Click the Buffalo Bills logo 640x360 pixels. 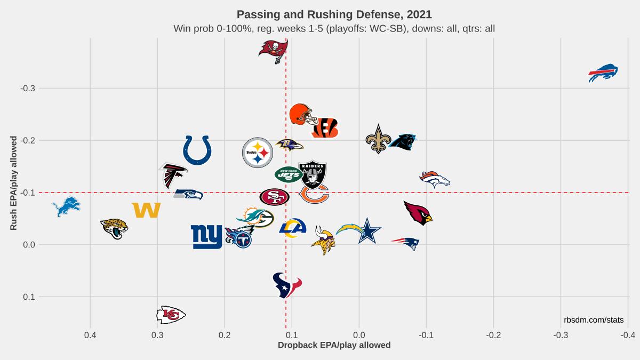(x=603, y=73)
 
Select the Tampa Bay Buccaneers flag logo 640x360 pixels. (x=274, y=50)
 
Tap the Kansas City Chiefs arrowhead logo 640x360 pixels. (x=171, y=315)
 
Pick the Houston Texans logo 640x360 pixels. (x=286, y=285)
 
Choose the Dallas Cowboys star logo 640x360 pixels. (x=367, y=231)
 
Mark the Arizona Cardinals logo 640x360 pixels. (x=417, y=213)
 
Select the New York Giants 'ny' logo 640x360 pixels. (x=206, y=236)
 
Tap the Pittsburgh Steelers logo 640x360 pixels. (x=258, y=153)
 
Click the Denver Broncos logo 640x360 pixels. (x=435, y=179)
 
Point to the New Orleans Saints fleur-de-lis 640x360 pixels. (x=378, y=139)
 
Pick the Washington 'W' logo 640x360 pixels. (x=146, y=210)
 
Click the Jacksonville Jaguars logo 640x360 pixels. (x=114, y=228)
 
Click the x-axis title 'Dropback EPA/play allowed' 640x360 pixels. (x=334, y=345)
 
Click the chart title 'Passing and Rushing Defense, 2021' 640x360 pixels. (x=334, y=14)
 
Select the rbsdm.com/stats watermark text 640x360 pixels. (x=593, y=319)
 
